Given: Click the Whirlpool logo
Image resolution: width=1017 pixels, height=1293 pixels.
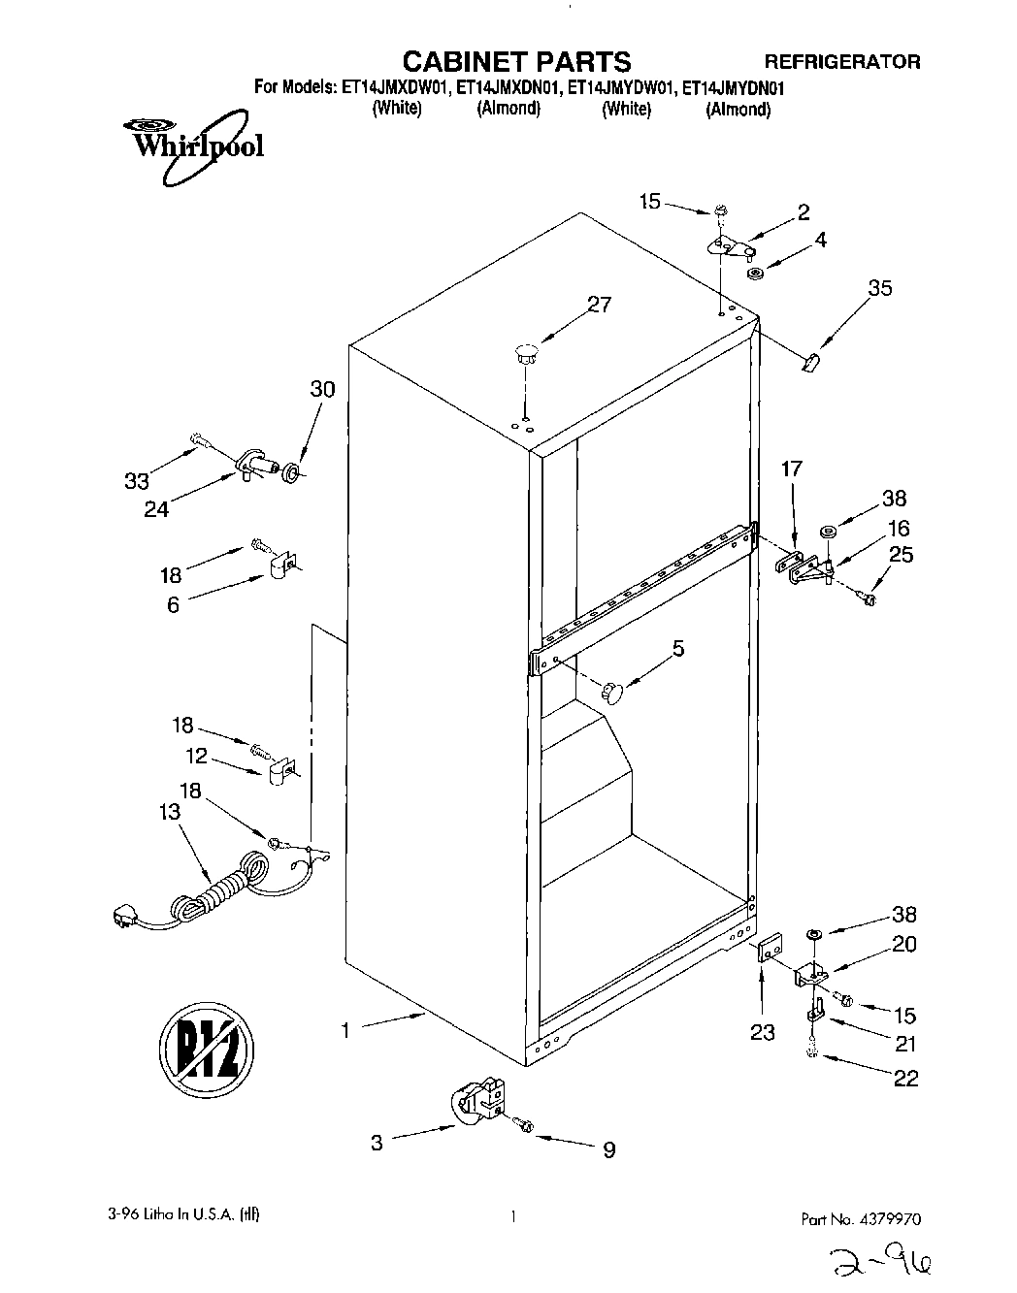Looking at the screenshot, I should pos(191,145).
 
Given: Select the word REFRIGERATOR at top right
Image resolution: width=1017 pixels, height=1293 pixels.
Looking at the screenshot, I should pos(842,61).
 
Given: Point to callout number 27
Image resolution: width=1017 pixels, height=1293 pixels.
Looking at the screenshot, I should pos(599,305).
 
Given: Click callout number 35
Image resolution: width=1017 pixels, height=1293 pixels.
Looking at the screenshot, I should pos(880,288).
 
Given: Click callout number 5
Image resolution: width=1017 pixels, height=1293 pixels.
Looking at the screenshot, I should pos(678,648).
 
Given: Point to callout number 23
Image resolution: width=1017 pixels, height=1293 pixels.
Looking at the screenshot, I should pos(763,1033).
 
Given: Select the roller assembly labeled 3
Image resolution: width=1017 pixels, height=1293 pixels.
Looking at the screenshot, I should pos(478,1105).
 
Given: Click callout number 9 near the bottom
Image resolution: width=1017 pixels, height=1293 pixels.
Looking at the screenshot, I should pos(608,1150).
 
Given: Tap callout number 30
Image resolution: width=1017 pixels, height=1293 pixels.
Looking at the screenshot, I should pos(322,389).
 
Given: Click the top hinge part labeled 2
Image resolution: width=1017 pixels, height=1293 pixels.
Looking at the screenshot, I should pos(730,245).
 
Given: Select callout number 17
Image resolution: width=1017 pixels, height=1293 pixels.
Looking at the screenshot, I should pos(792,469).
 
